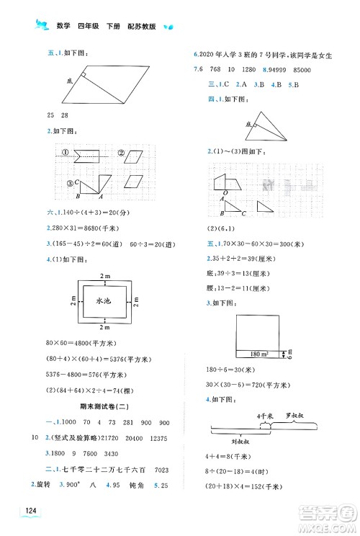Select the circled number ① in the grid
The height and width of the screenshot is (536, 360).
click(64, 153)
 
